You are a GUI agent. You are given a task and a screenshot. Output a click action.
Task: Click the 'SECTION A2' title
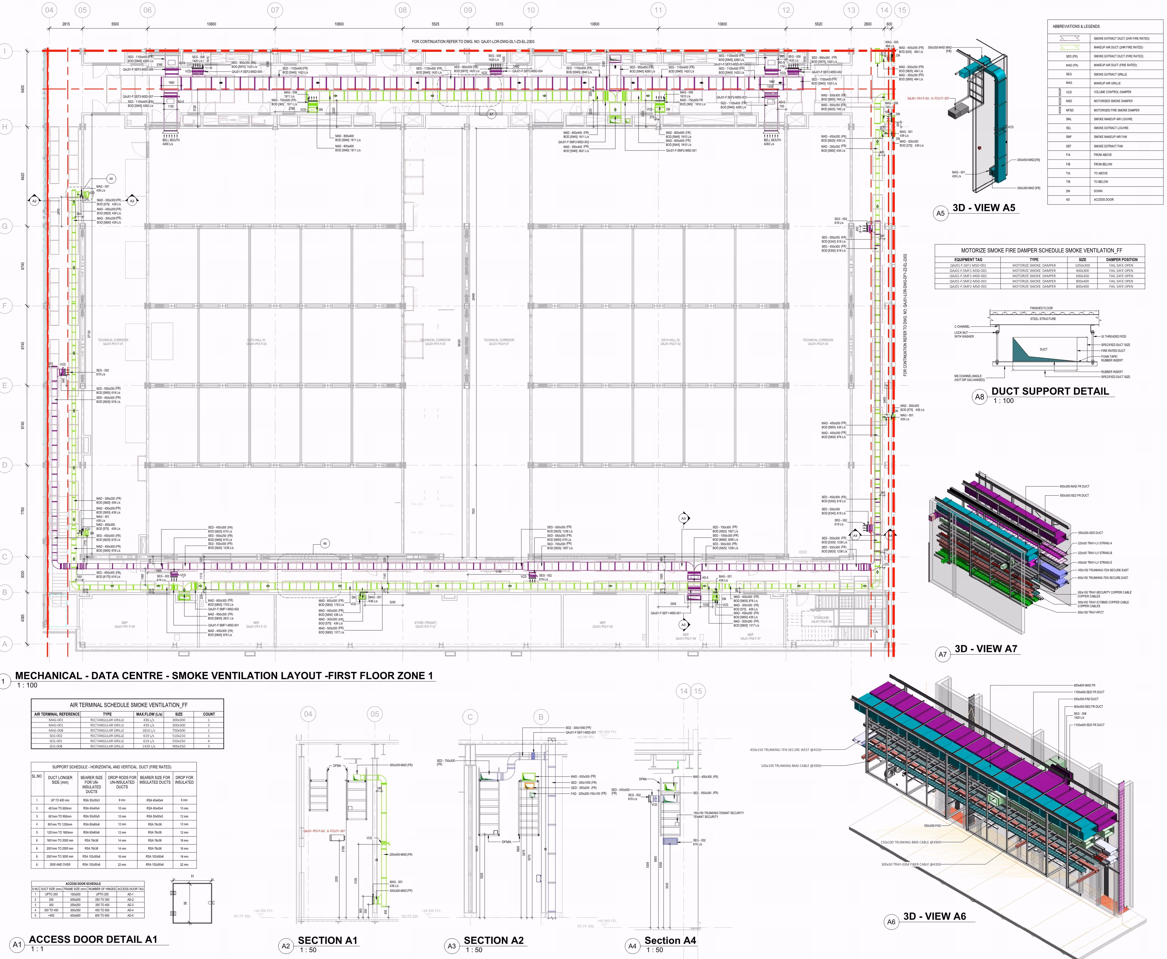tap(493, 940)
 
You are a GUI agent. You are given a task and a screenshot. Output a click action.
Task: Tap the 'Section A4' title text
tap(670, 940)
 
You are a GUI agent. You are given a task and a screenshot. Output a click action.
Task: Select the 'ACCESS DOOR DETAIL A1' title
tap(93, 939)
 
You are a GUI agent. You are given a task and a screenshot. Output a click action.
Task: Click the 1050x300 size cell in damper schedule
tap(1082, 265)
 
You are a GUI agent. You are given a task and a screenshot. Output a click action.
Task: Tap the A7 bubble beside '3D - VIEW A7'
tap(942, 654)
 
